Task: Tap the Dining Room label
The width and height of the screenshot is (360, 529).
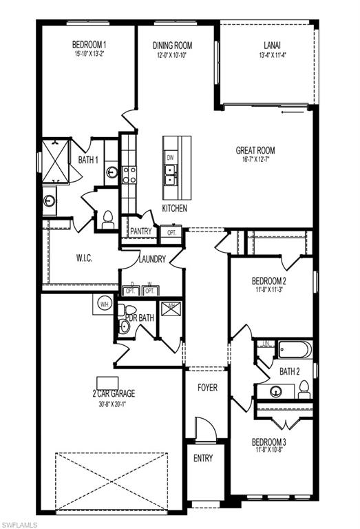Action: click(x=171, y=45)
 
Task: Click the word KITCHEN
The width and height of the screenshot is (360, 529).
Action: click(x=174, y=208)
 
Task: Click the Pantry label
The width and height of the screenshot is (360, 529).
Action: click(x=140, y=231)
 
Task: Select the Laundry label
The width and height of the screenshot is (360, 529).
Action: click(x=151, y=260)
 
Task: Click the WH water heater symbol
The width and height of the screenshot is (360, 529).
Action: click(x=104, y=304)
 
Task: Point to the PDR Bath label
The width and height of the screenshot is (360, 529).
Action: click(x=142, y=318)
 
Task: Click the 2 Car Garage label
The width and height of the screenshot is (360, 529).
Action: click(x=114, y=394)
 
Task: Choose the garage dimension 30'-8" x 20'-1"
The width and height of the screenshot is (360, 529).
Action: click(x=114, y=404)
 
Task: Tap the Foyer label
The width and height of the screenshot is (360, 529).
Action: click(x=207, y=388)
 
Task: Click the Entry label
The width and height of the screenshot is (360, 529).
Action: click(x=203, y=458)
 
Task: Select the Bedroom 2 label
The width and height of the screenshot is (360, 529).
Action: click(x=269, y=281)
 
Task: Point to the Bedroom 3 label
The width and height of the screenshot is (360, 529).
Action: click(x=269, y=442)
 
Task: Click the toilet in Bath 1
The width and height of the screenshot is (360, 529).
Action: click(x=107, y=219)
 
